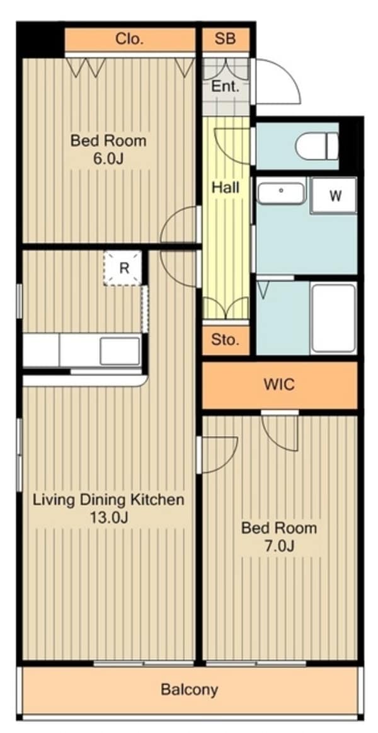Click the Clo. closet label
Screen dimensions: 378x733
coord(129,39)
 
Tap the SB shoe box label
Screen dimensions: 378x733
coord(225,39)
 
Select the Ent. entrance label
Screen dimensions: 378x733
coord(226,86)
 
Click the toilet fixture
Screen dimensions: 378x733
coord(317,146)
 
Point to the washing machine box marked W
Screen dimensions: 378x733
coord(334,195)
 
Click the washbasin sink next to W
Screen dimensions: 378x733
coord(282,193)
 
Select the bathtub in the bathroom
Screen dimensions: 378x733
coord(334,318)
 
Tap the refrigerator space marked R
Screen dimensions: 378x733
coord(123,268)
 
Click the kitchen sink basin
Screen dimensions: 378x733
coord(120,350)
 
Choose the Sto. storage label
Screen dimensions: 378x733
coord(225,340)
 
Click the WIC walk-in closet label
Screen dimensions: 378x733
coord(279,384)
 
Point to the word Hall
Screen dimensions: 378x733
coord(226,188)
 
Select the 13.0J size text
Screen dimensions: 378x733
coord(108,517)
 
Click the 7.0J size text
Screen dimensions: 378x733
coord(279,546)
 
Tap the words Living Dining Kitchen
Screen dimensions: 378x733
coord(108,499)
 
